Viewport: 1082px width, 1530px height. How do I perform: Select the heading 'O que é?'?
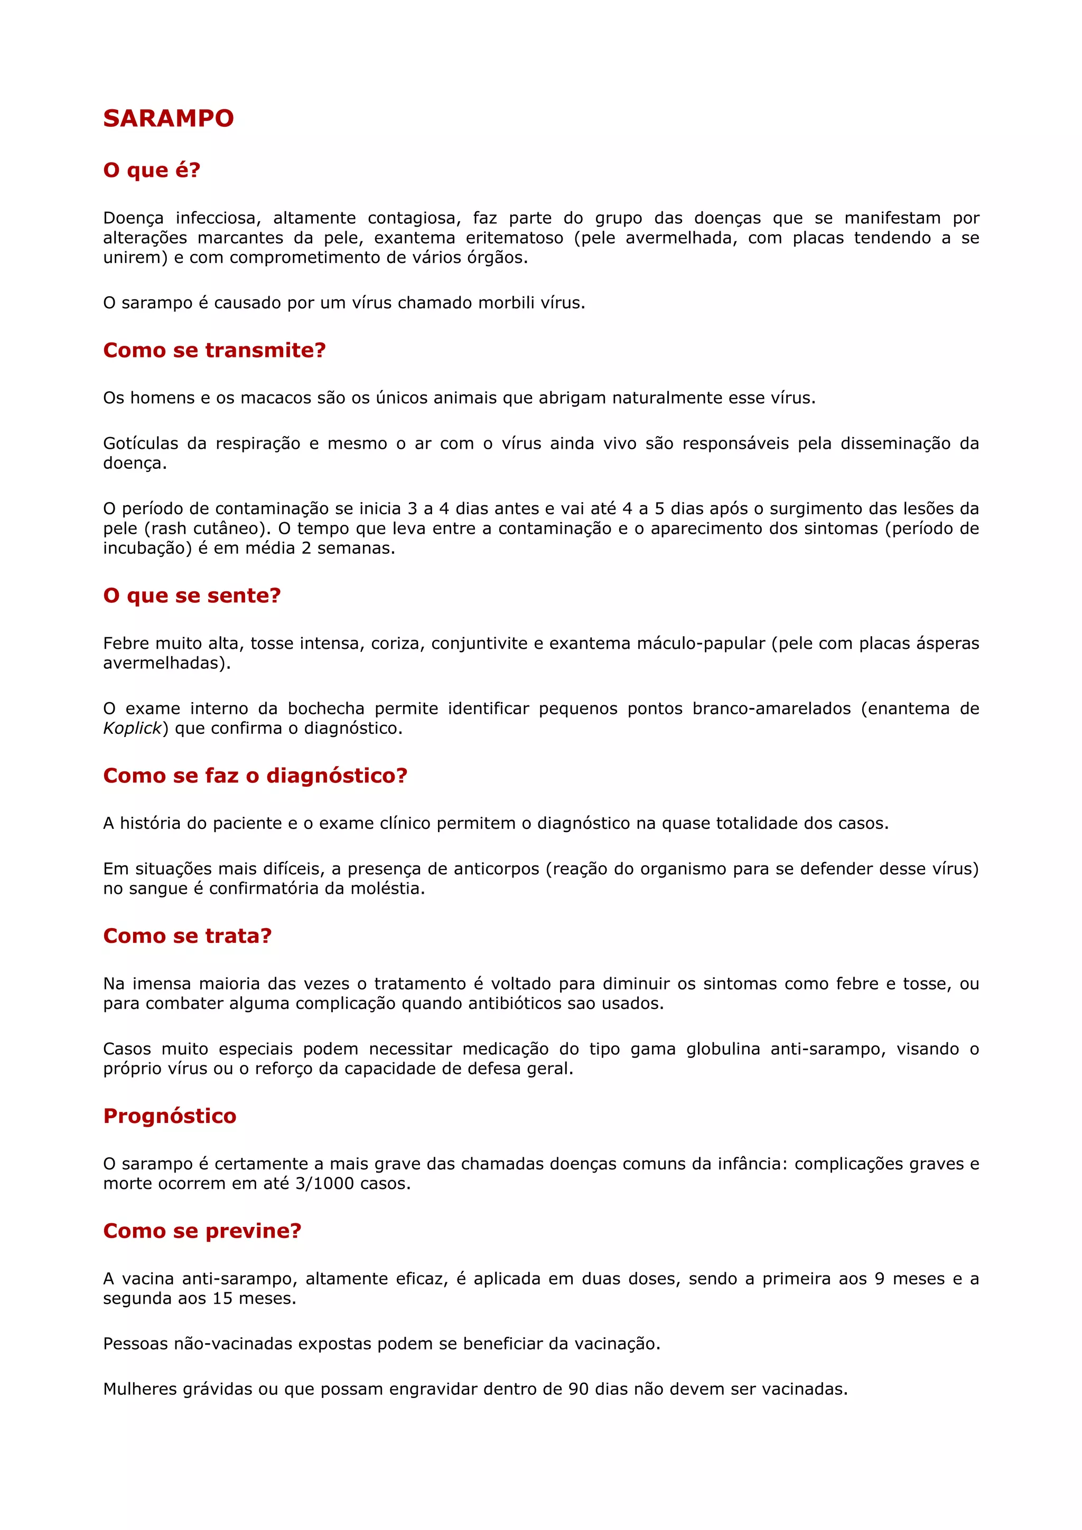pyautogui.click(x=151, y=170)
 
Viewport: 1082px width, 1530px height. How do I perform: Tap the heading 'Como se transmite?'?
pyautogui.click(x=214, y=350)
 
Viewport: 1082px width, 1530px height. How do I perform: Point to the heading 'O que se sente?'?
pyautogui.click(x=192, y=595)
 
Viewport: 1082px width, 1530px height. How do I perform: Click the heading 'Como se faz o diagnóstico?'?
pyautogui.click(x=255, y=775)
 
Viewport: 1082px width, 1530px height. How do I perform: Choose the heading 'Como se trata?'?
pyautogui.click(x=188, y=936)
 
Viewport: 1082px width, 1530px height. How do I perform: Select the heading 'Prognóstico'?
pyautogui.click(x=170, y=1116)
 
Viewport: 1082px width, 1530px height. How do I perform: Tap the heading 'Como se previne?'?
pyautogui.click(x=202, y=1230)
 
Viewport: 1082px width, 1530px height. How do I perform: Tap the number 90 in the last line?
pyautogui.click(x=579, y=1390)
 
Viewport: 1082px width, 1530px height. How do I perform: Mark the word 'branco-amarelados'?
pyautogui.click(x=771, y=709)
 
